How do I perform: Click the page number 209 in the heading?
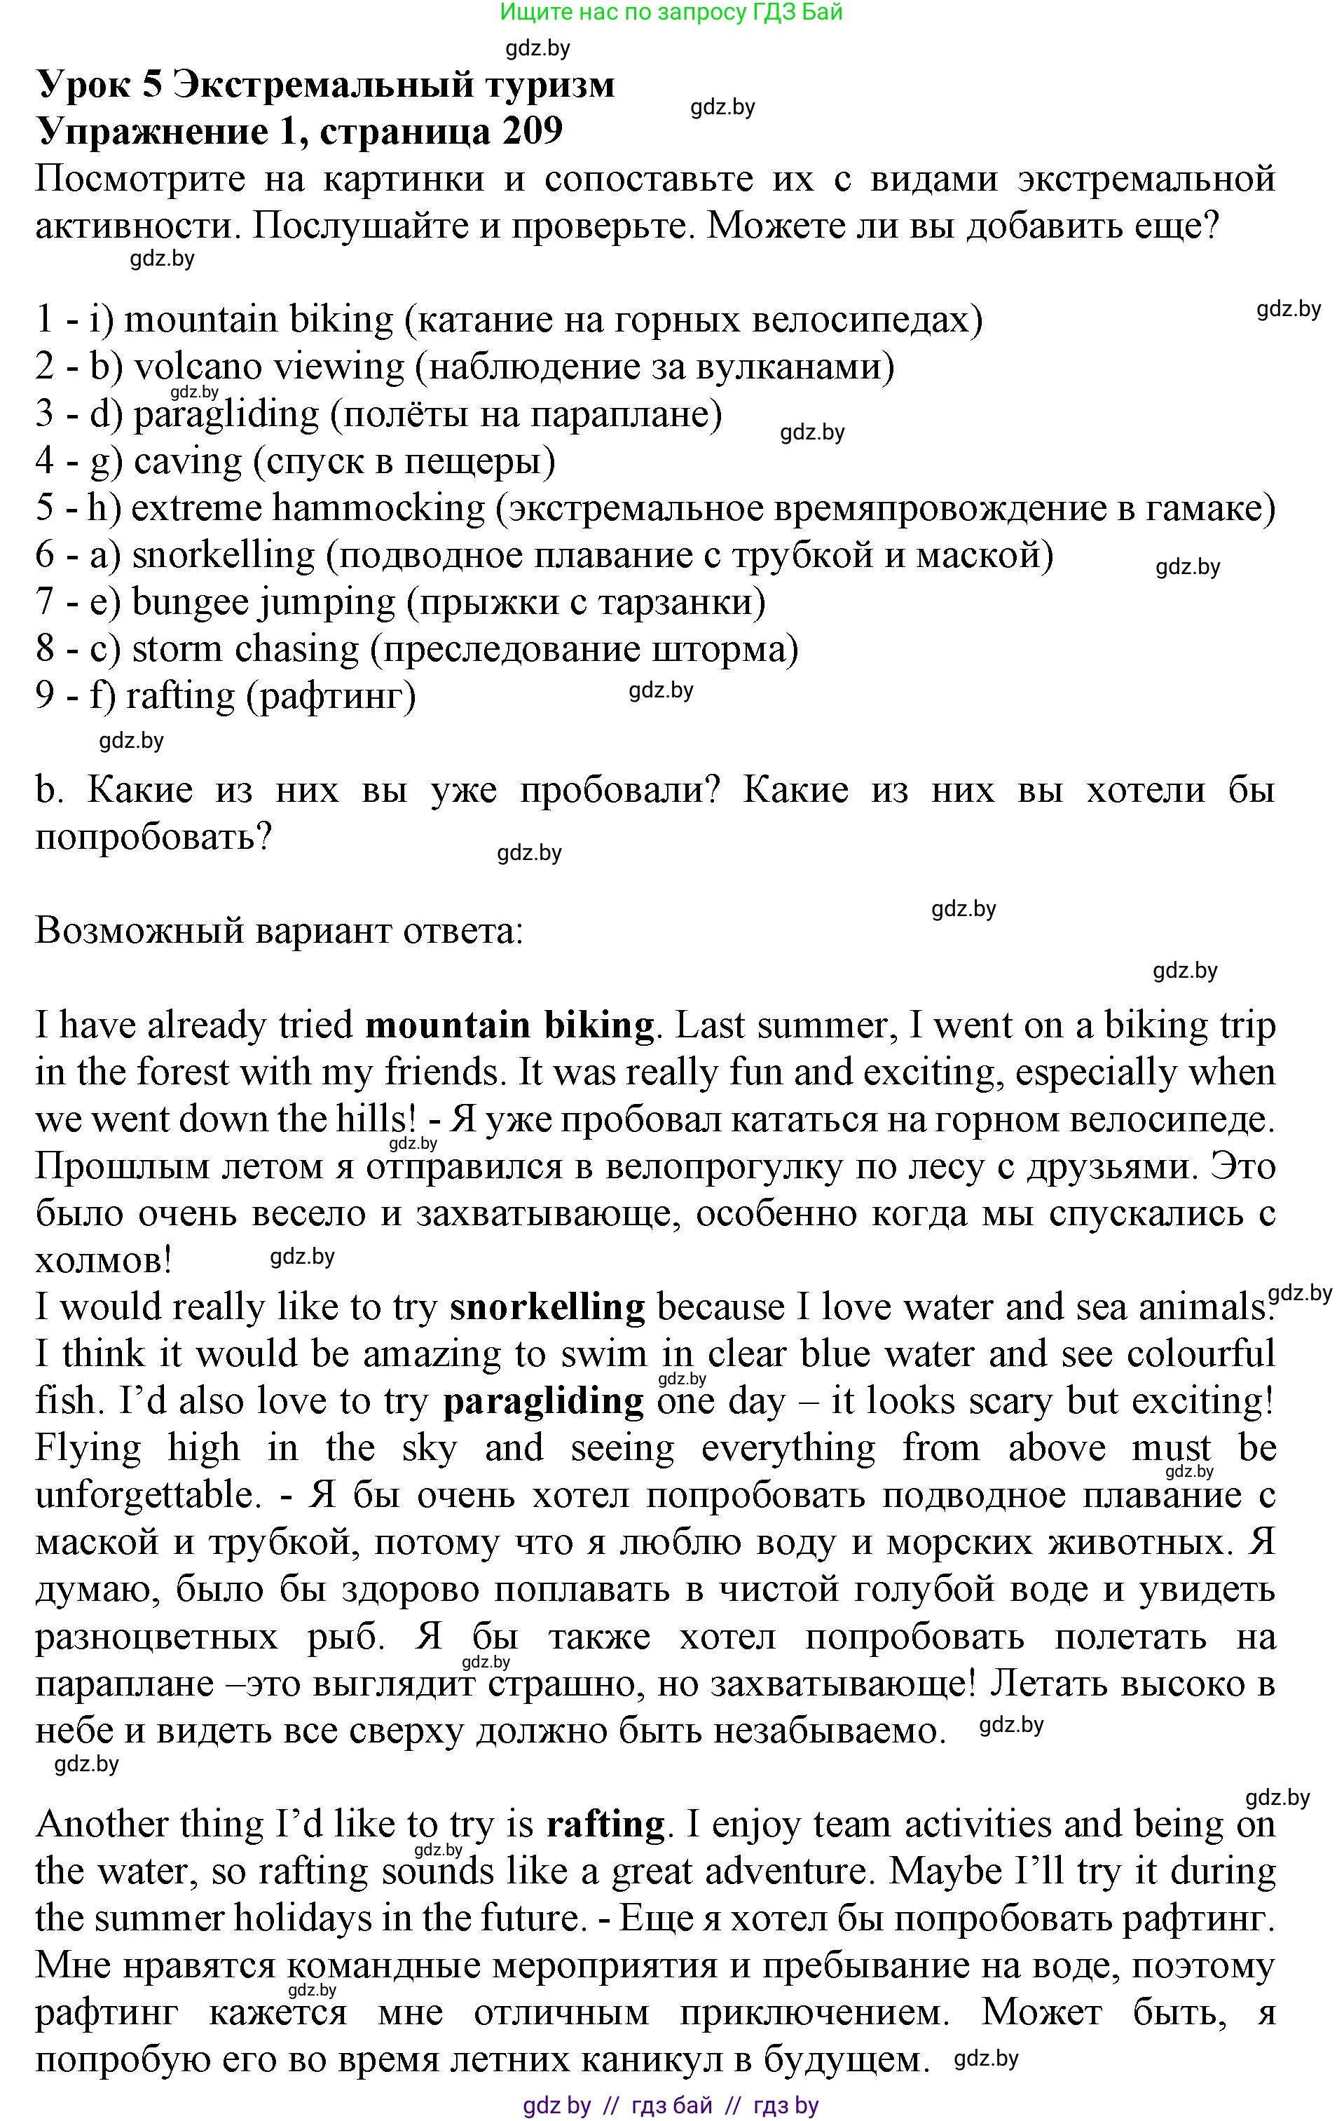(521, 131)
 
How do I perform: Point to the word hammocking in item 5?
(378, 508)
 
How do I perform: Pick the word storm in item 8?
(177, 649)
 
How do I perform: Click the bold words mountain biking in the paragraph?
(509, 1025)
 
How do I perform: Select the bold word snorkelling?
(547, 1307)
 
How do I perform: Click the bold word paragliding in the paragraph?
(543, 1401)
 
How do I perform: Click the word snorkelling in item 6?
(223, 555)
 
